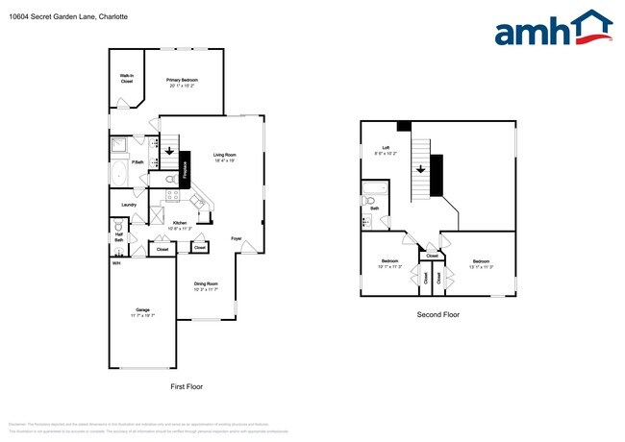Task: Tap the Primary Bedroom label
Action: click(182, 82)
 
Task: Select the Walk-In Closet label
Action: click(126, 79)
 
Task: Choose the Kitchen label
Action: click(180, 224)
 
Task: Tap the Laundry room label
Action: click(128, 205)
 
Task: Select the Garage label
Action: click(142, 311)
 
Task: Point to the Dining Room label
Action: click(207, 284)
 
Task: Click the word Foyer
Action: click(236, 238)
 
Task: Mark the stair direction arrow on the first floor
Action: click(169, 149)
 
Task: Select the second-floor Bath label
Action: click(374, 208)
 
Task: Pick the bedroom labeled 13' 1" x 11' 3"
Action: click(482, 263)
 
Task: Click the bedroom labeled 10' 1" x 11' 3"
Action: click(389, 263)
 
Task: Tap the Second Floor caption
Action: click(437, 315)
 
